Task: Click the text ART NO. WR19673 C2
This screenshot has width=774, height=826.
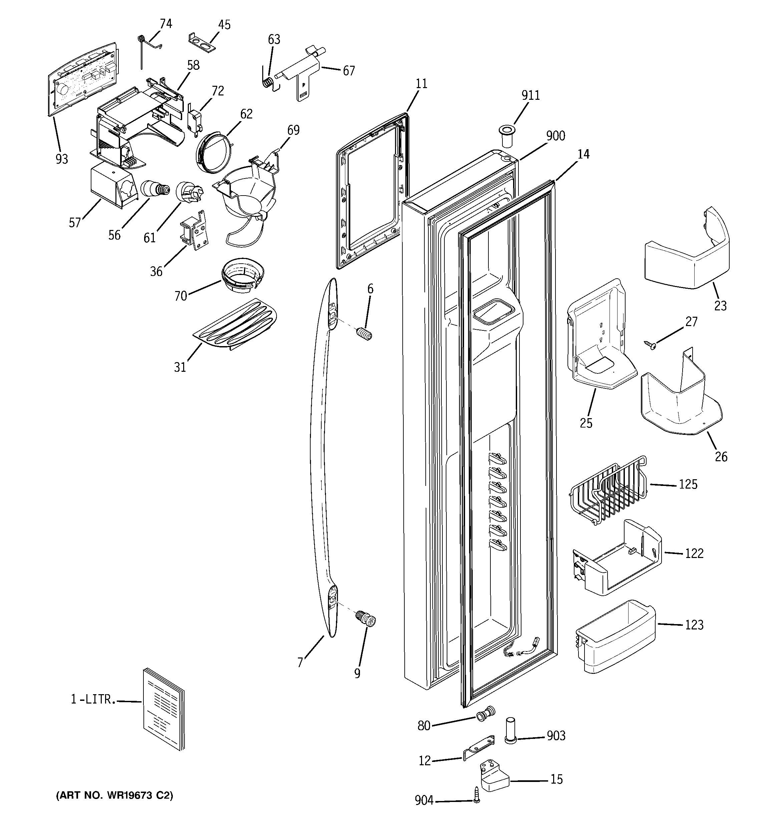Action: (114, 795)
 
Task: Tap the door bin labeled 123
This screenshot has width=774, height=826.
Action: (615, 638)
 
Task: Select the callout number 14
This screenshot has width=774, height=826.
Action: (583, 155)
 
